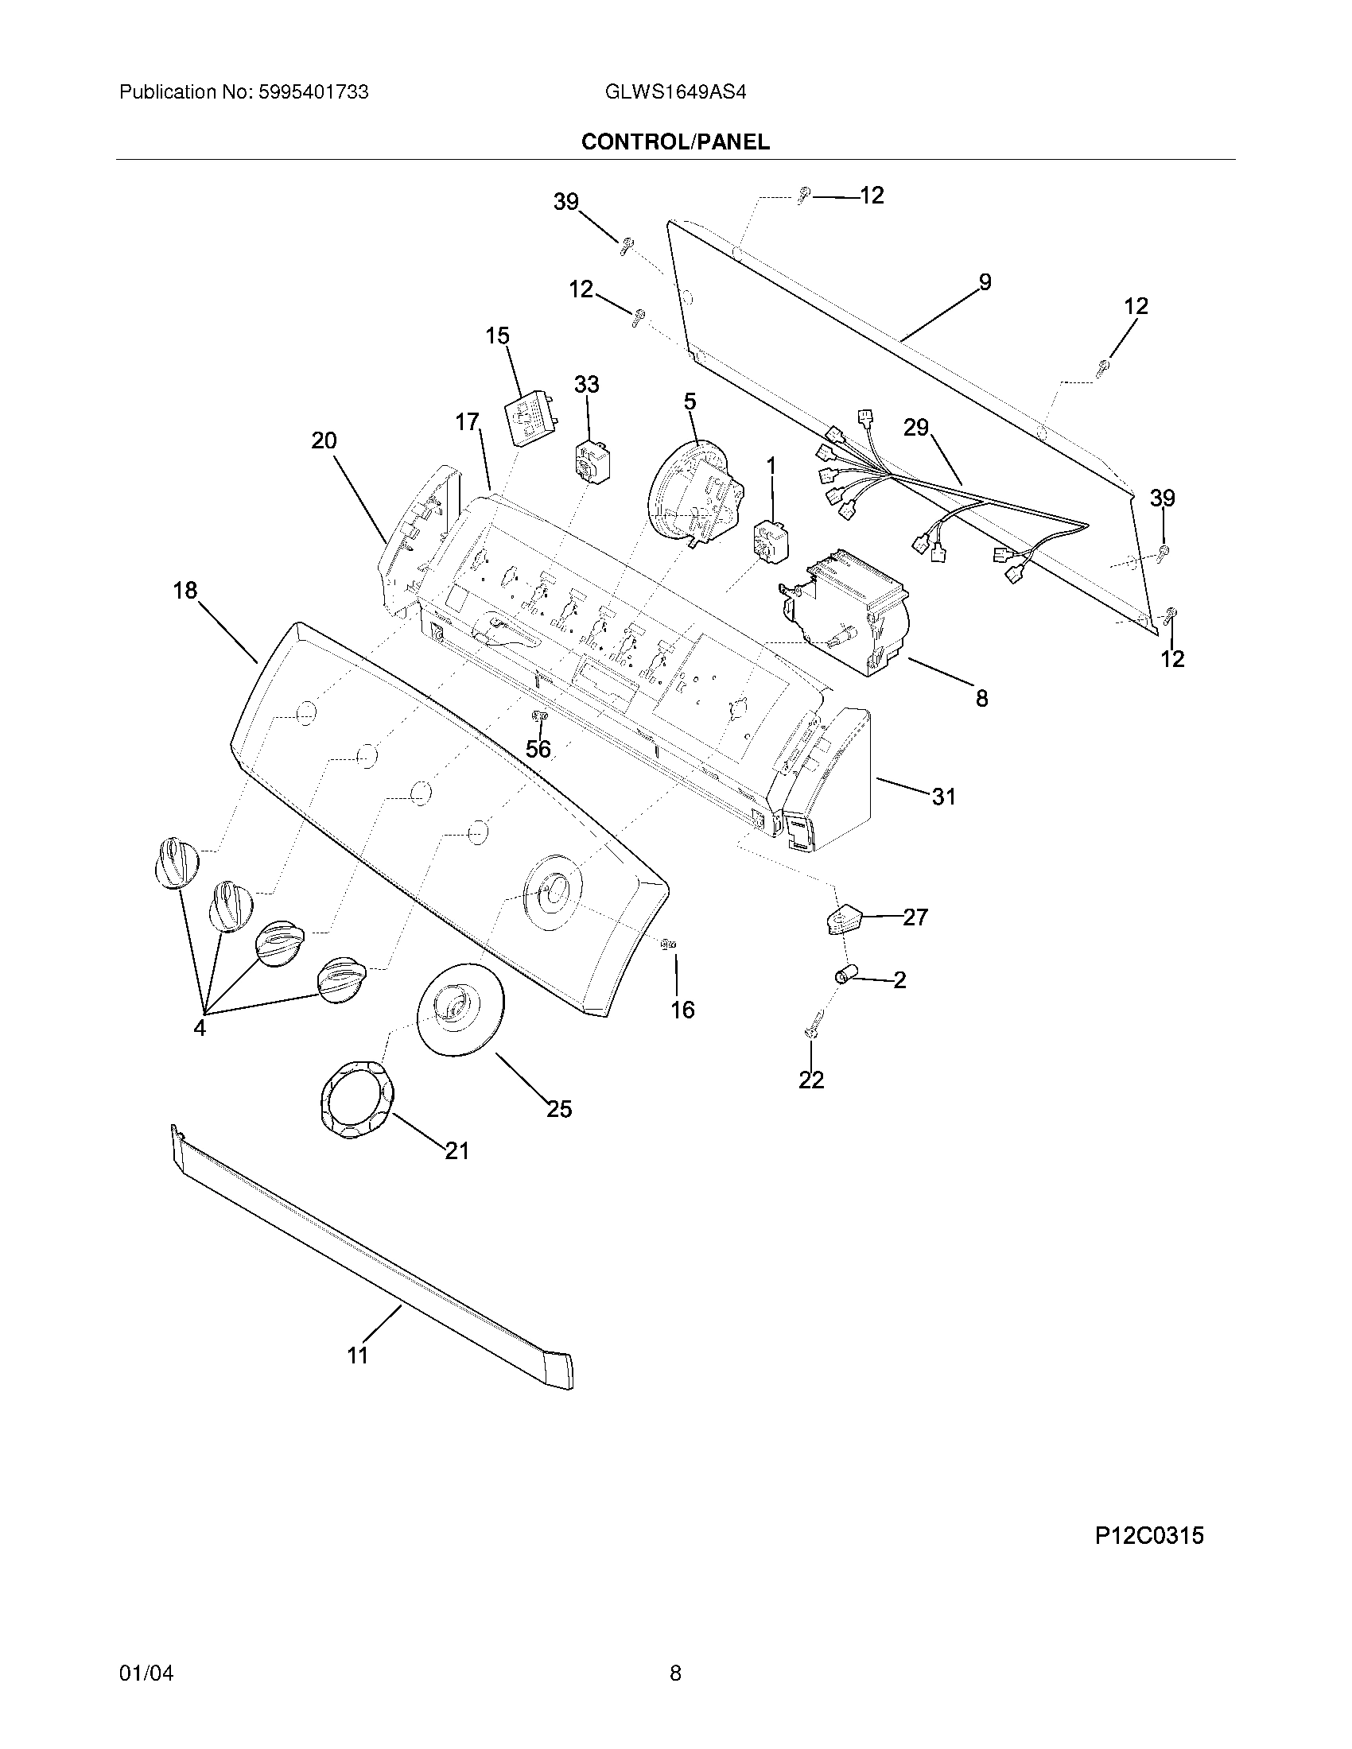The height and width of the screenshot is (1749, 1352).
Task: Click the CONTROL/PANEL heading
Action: point(675,142)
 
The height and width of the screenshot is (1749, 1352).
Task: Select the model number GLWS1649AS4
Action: point(676,92)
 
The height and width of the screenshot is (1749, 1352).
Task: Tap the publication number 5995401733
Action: point(313,92)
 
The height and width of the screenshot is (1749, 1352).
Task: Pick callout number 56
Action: point(538,749)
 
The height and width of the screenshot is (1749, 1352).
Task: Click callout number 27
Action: point(915,917)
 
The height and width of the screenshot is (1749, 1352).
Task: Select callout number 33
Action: point(586,386)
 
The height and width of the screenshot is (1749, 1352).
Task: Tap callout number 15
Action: point(497,335)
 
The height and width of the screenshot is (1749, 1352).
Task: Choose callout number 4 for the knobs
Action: point(200,1027)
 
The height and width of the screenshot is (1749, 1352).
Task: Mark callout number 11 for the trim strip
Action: point(357,1355)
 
